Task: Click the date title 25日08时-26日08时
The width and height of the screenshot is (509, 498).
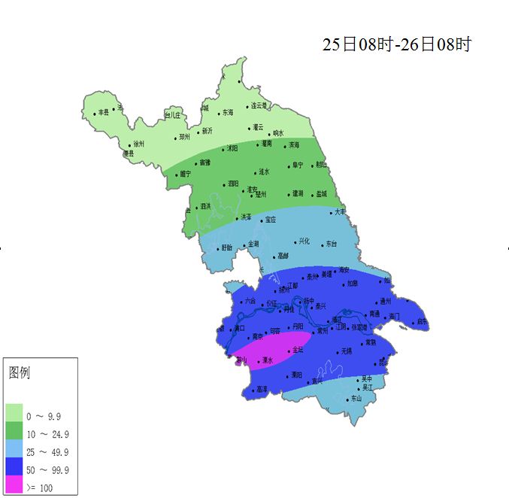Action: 396,44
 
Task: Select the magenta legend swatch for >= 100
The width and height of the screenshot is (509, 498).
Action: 15,487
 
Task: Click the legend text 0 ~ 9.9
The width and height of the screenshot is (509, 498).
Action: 44,416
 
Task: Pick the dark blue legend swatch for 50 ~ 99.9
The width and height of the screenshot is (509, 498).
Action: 15,469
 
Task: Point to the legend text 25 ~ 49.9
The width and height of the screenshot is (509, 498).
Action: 47,452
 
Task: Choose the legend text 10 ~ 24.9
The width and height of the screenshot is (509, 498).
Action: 47,434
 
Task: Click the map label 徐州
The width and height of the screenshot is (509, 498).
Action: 138,144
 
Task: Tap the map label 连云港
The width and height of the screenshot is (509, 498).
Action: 259,105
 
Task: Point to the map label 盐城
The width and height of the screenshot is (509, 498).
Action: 322,193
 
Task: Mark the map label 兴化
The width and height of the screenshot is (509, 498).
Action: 304,241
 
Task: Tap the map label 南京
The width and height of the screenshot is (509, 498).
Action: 258,336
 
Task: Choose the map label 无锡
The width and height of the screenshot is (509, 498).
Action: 346,351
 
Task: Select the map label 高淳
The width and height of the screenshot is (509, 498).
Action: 262,389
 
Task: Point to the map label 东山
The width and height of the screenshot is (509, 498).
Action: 356,398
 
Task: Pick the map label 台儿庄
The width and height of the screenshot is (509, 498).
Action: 173,115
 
